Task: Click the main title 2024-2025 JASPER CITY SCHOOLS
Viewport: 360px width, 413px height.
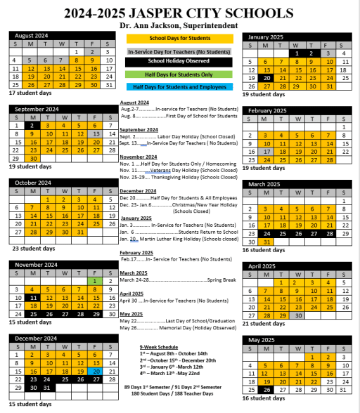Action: (180, 13)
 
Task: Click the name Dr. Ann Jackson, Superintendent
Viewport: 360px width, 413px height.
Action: (180, 25)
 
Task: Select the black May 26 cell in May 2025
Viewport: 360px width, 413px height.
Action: (266, 390)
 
